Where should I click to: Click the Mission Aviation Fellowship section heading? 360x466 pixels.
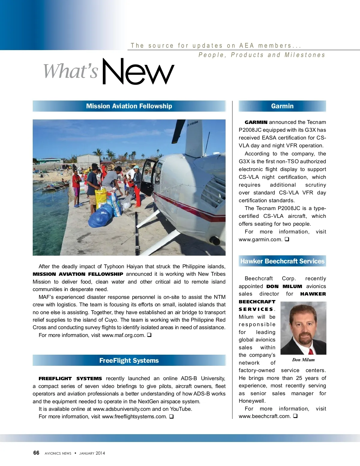coord(129,106)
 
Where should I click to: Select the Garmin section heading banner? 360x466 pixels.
coord(282,106)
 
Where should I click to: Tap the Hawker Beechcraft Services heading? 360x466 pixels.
coord(282,261)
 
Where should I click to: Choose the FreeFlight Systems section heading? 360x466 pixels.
coord(129,361)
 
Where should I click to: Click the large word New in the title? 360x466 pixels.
coord(138,72)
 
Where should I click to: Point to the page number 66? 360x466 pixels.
coord(36,453)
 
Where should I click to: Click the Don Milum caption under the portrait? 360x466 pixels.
coord(303,360)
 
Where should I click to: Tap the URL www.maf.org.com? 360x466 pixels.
coord(124,335)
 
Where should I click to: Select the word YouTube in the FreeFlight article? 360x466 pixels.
coord(181,409)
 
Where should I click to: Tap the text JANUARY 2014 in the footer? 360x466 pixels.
coord(92,453)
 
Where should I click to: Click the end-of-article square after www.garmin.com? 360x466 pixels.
coord(287,239)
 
